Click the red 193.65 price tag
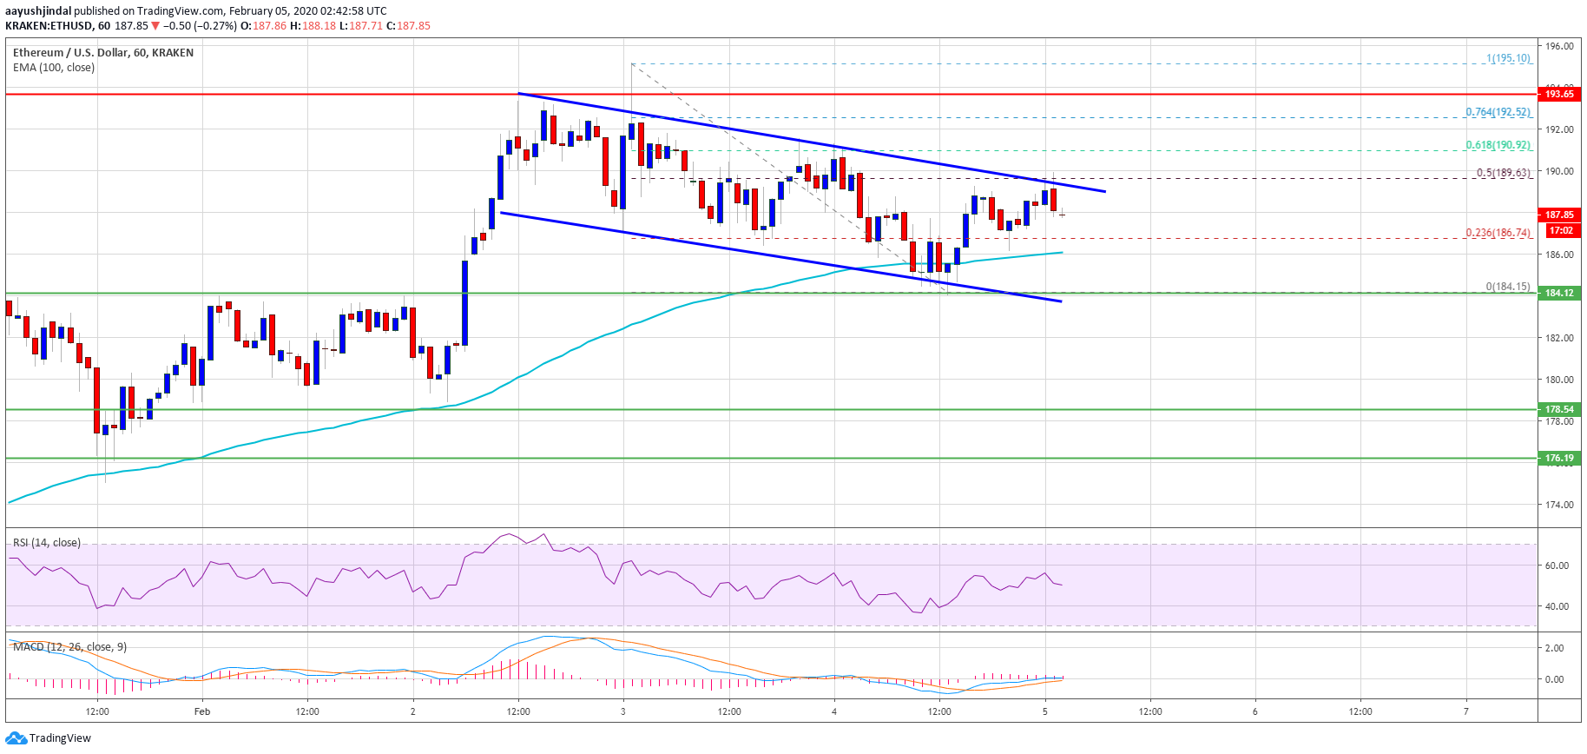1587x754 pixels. point(1558,94)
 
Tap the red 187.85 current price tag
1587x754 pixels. point(1558,215)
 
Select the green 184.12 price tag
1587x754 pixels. point(1558,293)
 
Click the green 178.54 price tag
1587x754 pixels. point(1558,409)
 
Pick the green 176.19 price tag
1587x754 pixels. point(1558,458)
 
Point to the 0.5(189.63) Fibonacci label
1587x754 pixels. point(1503,173)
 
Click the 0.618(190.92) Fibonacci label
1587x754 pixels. point(1498,145)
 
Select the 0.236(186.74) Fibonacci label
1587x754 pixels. point(1498,233)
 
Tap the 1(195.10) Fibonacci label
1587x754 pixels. point(1508,58)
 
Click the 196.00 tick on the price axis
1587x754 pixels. point(1558,46)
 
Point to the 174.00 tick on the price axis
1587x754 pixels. point(1558,505)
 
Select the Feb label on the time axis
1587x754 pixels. point(202,711)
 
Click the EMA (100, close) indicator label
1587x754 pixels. point(54,68)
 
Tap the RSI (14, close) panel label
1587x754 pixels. point(47,543)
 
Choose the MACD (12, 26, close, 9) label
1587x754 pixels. point(69,647)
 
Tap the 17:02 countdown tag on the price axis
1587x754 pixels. point(1560,230)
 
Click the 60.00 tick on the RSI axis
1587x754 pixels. point(1557,565)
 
